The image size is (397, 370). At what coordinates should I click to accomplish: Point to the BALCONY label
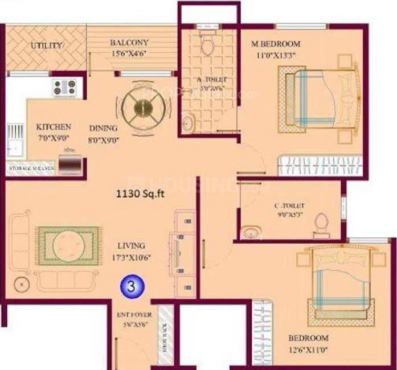pyautogui.click(x=129, y=43)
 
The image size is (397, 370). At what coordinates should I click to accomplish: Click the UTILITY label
pyautogui.click(x=48, y=46)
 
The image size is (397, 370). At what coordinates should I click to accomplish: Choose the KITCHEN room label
pyautogui.click(x=54, y=126)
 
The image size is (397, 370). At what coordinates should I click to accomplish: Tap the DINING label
pyautogui.click(x=103, y=128)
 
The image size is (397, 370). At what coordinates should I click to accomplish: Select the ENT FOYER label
pyautogui.click(x=130, y=314)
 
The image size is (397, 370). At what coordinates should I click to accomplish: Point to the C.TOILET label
pyautogui.click(x=288, y=205)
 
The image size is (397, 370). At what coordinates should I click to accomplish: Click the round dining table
pyautogui.click(x=144, y=104)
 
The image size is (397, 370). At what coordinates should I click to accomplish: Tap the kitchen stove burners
pyautogui.click(x=64, y=87)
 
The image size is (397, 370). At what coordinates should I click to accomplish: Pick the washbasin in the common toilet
pyautogui.click(x=250, y=232)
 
